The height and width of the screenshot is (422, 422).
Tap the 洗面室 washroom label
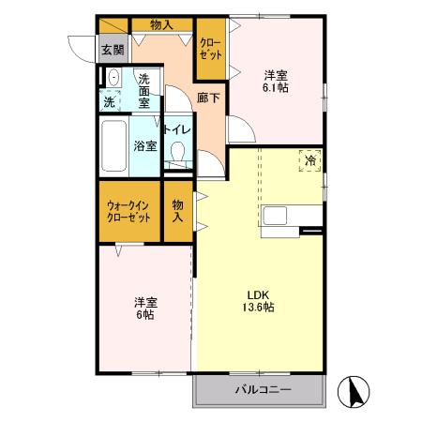point(144,91)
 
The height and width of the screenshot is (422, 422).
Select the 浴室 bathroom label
point(144,146)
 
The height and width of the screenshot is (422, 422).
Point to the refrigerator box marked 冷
point(310,161)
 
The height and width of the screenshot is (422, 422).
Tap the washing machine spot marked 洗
point(111,100)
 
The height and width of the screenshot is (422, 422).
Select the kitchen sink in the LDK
point(276,216)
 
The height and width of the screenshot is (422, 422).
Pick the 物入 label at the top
point(161,24)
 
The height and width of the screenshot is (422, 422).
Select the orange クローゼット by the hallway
point(210,49)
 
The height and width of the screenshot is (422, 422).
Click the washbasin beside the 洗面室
point(113,79)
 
